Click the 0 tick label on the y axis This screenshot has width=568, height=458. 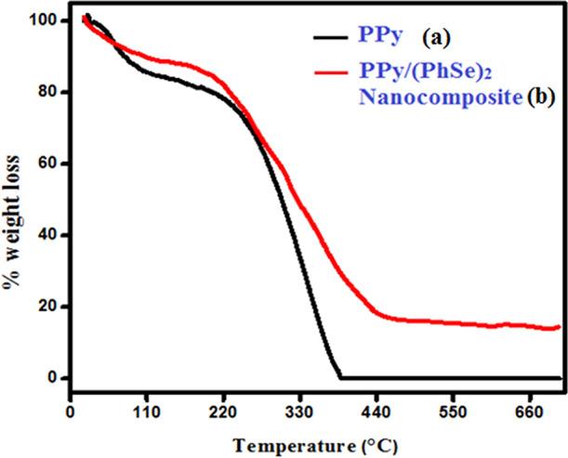pos(50,378)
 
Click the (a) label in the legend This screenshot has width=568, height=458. pos(436,39)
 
